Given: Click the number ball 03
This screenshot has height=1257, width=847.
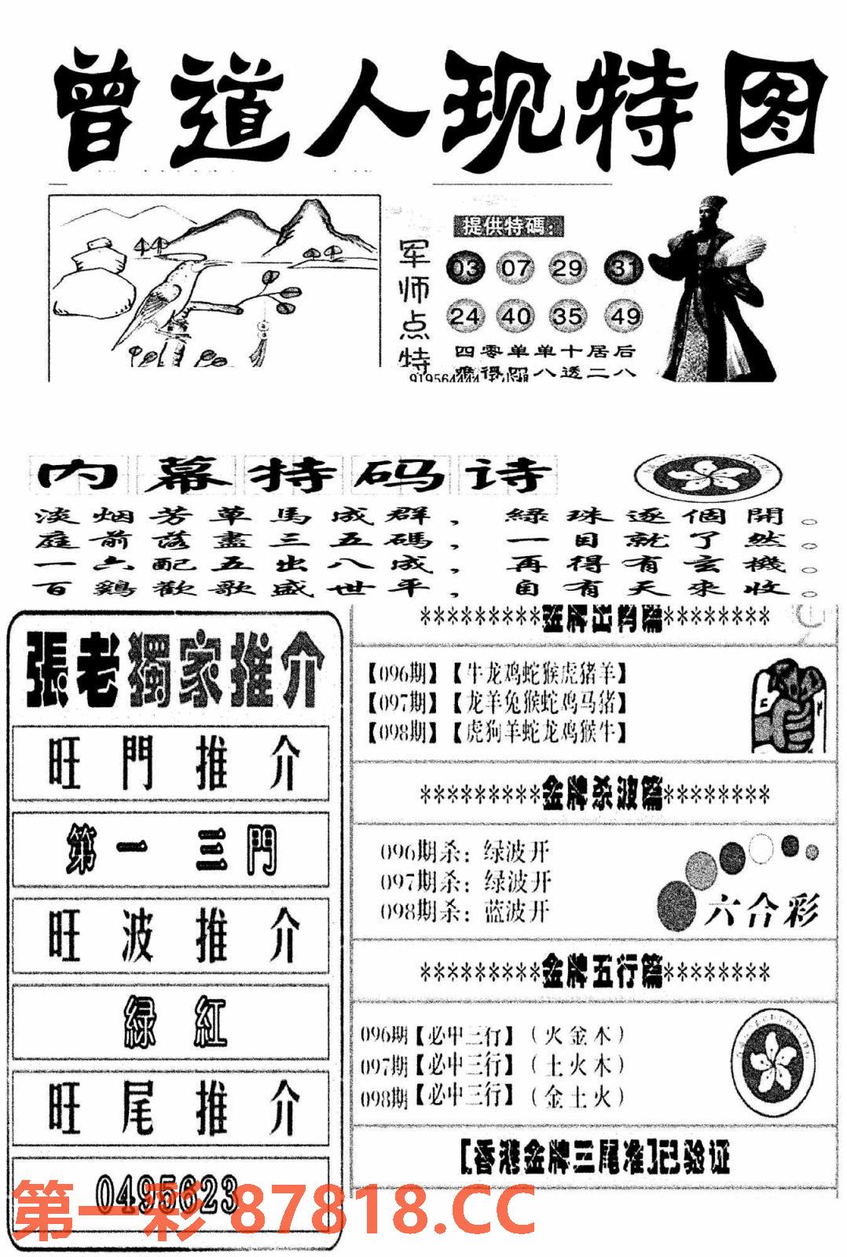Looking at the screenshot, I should (466, 269).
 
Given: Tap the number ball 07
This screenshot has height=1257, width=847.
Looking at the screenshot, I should (515, 269).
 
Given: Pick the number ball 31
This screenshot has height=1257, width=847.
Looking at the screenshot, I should (624, 269).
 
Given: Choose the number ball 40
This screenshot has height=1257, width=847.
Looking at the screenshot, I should (515, 316).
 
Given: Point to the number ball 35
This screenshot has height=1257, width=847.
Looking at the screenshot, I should (567, 316).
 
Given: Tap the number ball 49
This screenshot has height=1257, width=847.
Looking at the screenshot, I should (625, 316).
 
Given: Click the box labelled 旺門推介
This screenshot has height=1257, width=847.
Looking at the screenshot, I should (171, 764).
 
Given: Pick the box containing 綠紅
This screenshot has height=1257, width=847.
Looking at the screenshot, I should (171, 1024).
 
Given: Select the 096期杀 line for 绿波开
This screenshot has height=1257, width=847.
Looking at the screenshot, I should (465, 852).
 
